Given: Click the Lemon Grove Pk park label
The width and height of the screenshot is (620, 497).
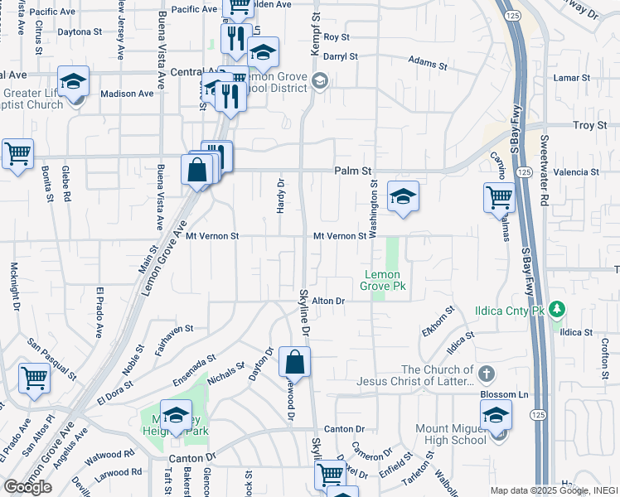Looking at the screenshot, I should pos(380,280).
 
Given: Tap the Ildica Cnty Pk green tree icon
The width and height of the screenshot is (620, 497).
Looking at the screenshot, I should pos(558,311).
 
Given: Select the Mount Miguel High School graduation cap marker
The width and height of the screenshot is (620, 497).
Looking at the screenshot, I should pos(496,414).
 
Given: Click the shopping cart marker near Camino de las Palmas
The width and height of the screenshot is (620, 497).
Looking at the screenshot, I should pos(499,197).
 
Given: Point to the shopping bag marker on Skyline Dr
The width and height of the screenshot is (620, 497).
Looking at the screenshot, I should pos(294,361).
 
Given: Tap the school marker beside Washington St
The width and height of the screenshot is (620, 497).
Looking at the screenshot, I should pos(403,196).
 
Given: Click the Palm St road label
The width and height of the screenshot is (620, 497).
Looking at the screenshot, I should pos(351,171).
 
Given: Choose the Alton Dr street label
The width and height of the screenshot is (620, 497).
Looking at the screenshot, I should pos(327,301).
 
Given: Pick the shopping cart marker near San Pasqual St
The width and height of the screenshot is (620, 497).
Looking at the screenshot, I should pos(35,378).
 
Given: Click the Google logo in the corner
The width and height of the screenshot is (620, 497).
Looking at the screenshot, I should pos(27,486).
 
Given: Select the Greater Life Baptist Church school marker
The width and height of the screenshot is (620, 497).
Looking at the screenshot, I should pos(73,81).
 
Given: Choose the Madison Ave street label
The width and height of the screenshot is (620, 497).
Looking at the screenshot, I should pos(127,94).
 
